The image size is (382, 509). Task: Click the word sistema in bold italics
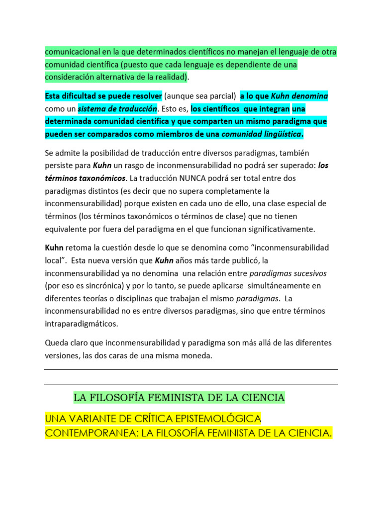[92, 108]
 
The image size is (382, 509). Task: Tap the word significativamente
[272, 229]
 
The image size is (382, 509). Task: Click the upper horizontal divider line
[191, 369]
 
